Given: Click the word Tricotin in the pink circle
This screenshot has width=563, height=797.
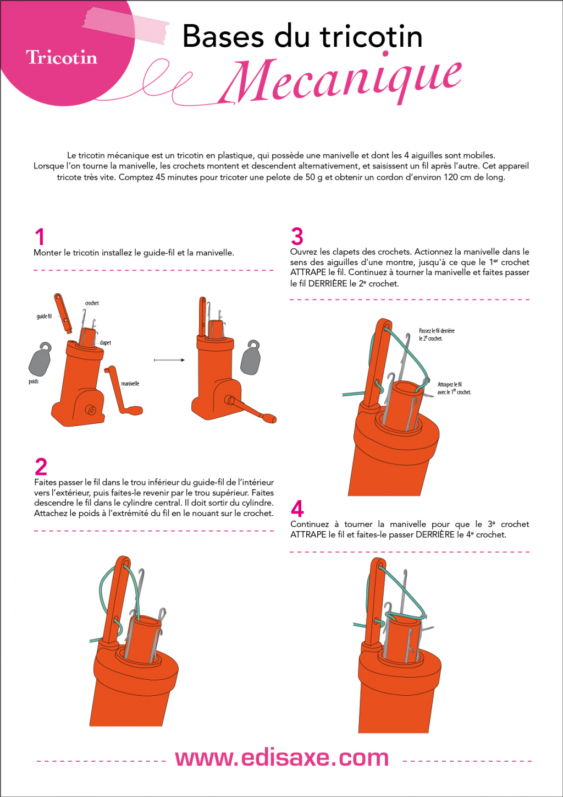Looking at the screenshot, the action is coord(62,57).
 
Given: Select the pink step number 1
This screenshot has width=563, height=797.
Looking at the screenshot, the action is coord(40,237).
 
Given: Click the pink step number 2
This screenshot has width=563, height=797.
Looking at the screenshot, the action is coord(41,466).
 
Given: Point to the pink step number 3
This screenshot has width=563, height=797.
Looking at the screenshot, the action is coord(297,236).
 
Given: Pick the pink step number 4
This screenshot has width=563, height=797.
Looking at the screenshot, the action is coord(297,509).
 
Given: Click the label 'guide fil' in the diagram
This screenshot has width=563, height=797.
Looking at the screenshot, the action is coord(44,316).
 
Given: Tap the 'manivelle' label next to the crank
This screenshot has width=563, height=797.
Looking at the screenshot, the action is coord(130,384).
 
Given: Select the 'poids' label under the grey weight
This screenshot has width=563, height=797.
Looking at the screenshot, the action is coord(34,381).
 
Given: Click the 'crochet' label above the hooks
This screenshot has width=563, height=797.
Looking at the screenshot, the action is coord(92,303).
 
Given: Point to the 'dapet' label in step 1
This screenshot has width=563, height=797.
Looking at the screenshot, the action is coord(105,343).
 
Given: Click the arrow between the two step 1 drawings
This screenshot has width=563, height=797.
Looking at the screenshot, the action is coord(169,360).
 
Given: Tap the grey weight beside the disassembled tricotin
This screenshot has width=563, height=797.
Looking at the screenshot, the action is coord(40,359).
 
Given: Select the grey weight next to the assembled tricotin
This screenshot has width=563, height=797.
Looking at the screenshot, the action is coord(250,358).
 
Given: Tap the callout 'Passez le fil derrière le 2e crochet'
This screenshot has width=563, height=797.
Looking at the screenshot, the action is coord(437,335).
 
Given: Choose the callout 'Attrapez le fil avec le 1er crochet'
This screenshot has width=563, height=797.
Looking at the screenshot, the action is coord(454,388).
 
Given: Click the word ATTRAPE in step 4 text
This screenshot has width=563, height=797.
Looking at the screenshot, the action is coord(308,534).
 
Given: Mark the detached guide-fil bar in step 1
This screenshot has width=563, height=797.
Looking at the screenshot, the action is coord(63,313).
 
